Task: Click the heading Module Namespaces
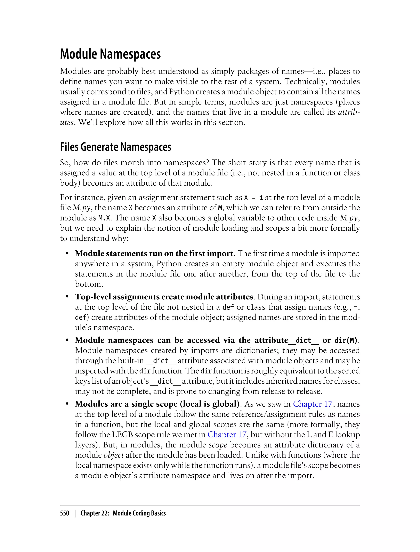point(110,54)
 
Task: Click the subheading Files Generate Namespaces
point(115,147)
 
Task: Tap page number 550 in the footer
point(65,513)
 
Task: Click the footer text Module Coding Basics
point(139,513)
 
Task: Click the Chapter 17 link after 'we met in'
point(227,435)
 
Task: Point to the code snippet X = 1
point(253,198)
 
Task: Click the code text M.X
point(104,218)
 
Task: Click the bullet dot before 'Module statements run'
point(67,253)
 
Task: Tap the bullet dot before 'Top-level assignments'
point(67,297)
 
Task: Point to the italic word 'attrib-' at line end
point(349,112)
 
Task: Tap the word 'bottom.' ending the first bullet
point(89,284)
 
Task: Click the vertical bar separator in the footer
point(75,513)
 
